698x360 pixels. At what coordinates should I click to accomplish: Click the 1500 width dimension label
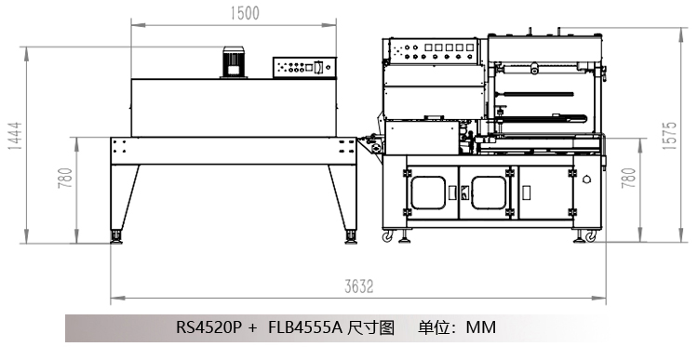[245, 13]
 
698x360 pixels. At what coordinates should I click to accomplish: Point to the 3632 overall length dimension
[359, 287]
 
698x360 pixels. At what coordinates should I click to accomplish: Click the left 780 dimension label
[65, 178]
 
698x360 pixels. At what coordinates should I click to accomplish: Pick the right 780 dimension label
[628, 178]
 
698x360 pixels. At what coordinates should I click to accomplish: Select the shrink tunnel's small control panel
[304, 68]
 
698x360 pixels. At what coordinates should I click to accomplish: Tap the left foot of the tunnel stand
[116, 236]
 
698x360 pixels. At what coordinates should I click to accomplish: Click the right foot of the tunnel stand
[351, 236]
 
